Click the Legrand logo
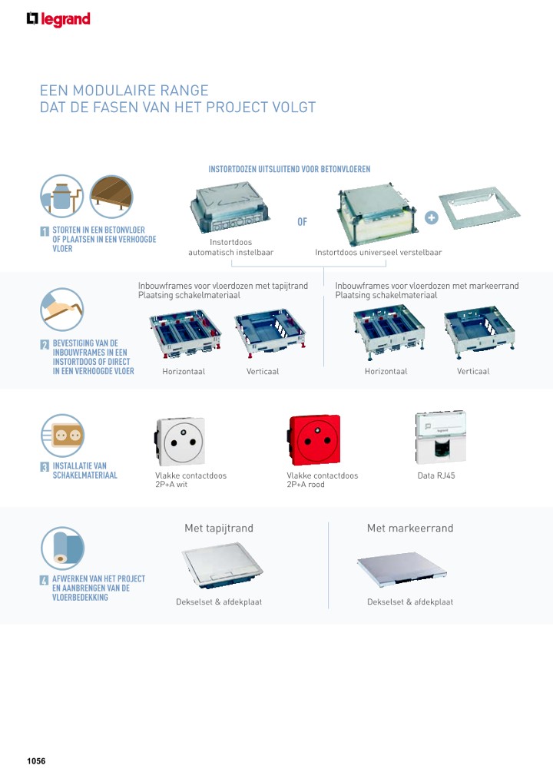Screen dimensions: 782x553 point(58,19)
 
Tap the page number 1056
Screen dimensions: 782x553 point(36,761)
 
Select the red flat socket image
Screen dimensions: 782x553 point(313,441)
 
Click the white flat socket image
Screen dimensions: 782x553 point(180,442)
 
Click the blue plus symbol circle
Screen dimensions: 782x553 point(432,217)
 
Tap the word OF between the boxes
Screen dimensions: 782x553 point(302,223)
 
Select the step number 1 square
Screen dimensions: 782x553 point(45,230)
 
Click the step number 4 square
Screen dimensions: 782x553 point(45,580)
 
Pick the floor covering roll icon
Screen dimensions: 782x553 point(62,548)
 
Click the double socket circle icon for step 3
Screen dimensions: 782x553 point(62,435)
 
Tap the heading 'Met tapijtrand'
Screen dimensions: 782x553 point(218,529)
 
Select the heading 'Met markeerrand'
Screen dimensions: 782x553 point(410,529)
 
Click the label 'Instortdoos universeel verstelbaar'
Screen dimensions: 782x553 point(378,252)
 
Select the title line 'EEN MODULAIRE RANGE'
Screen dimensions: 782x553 point(124,91)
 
